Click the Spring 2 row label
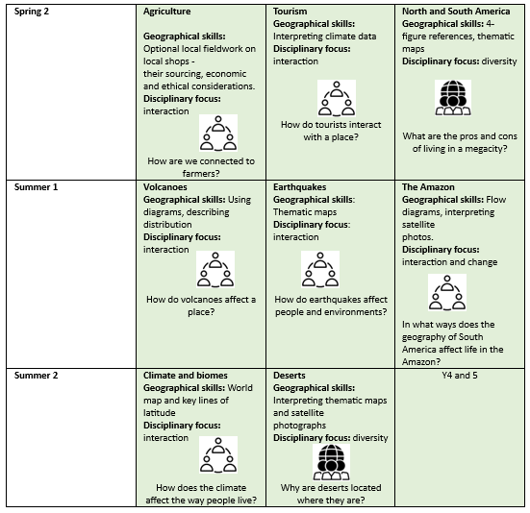click(x=32, y=12)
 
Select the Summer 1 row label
click(x=36, y=187)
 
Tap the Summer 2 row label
click(x=36, y=376)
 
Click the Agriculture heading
click(x=167, y=12)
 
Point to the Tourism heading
click(x=290, y=12)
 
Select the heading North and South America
click(x=456, y=12)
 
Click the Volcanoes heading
click(x=164, y=187)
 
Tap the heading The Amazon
click(x=428, y=187)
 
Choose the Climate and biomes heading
click(x=186, y=376)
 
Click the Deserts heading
click(x=290, y=376)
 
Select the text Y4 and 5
click(x=460, y=376)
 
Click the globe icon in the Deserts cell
click(x=331, y=462)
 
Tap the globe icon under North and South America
click(x=453, y=98)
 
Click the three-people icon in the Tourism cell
click(x=337, y=98)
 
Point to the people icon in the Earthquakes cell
click(x=320, y=269)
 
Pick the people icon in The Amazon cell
click(x=447, y=292)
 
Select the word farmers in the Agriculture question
click(x=201, y=174)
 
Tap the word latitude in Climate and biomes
click(x=160, y=413)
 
